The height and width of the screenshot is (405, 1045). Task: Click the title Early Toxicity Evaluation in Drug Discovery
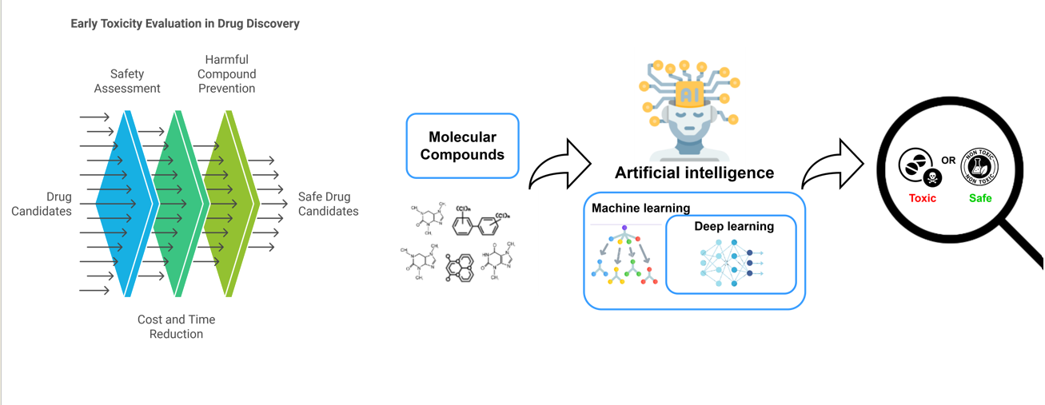[x=185, y=24]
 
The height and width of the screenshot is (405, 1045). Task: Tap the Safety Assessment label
[x=127, y=81]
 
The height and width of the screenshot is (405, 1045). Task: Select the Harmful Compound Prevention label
[x=226, y=74]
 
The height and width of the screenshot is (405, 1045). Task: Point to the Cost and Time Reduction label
[x=176, y=327]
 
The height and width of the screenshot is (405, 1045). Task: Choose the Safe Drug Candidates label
[x=328, y=204]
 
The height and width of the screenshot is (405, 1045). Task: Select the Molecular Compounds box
[x=462, y=145]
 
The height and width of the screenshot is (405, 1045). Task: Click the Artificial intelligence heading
[x=694, y=173]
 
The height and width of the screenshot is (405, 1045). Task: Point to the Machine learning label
[x=640, y=208]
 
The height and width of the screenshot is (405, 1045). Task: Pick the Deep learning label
[x=733, y=226]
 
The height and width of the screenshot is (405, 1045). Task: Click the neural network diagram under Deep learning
[x=730, y=262]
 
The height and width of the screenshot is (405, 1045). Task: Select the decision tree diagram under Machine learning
[x=625, y=257]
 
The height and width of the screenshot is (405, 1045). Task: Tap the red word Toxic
[x=922, y=198]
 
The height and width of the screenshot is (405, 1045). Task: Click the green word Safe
[x=979, y=198]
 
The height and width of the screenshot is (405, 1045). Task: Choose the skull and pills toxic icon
[x=920, y=167]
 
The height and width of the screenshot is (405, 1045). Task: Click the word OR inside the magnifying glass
[x=948, y=161]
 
